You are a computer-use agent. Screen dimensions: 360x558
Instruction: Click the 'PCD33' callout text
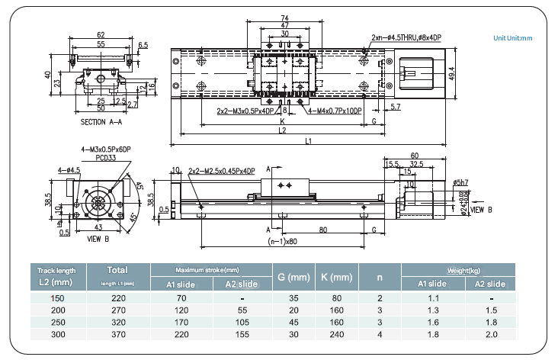click(95, 157)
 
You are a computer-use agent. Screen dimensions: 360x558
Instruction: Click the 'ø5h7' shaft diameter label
click(460, 182)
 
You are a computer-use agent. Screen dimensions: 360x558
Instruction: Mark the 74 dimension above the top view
click(284, 18)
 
